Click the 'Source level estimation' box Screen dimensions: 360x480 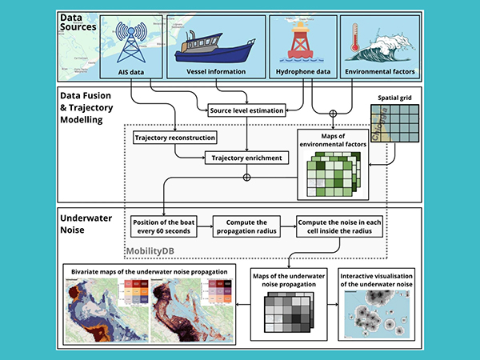(246, 110)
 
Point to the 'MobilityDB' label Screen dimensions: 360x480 (151, 250)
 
